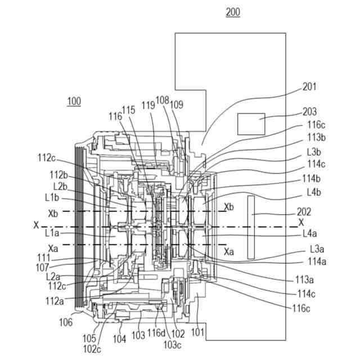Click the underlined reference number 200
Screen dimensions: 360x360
click(x=233, y=12)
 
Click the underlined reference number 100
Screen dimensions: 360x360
click(x=74, y=101)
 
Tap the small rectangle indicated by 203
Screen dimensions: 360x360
click(x=251, y=124)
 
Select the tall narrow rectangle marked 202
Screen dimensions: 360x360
click(x=251, y=227)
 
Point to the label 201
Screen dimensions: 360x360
click(x=309, y=87)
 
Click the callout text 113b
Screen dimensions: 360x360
click(x=316, y=137)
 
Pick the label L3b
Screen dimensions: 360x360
click(x=314, y=152)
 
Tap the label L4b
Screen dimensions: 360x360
click(x=314, y=192)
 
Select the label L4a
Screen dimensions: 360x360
click(x=310, y=234)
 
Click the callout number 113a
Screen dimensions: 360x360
click(x=305, y=280)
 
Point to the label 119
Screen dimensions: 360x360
click(x=148, y=106)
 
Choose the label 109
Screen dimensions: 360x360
click(x=177, y=105)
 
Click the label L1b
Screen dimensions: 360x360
click(x=52, y=198)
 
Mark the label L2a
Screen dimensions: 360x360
click(x=53, y=277)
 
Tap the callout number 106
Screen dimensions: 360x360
click(x=66, y=322)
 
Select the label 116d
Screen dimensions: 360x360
click(x=156, y=333)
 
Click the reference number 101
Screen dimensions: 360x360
click(x=197, y=332)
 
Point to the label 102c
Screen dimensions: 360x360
click(x=92, y=349)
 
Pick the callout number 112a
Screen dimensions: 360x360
click(x=55, y=301)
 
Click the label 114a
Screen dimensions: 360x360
click(x=317, y=262)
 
